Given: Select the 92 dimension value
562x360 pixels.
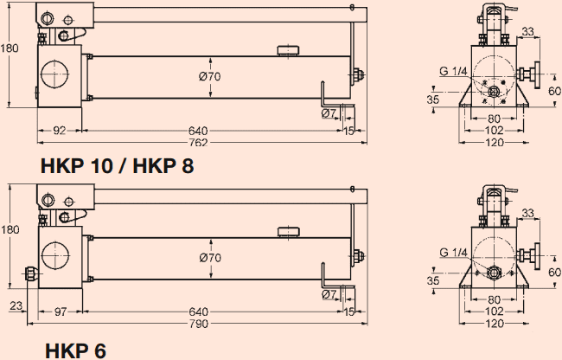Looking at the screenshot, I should tap(60, 132).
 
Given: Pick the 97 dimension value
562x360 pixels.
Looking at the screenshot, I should tap(60, 312).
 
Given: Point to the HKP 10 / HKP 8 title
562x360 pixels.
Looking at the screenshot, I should tap(117, 167).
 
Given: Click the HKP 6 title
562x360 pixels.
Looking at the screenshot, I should tap(77, 350).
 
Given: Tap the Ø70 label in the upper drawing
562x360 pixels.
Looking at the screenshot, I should tap(210, 77).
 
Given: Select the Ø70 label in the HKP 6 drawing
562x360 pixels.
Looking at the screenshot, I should tap(210, 257).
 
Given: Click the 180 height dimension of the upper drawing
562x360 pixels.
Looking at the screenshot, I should tap(9, 48).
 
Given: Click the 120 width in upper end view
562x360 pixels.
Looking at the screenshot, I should tap(494, 143).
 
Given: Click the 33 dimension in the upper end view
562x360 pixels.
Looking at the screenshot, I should tap(528, 32).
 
